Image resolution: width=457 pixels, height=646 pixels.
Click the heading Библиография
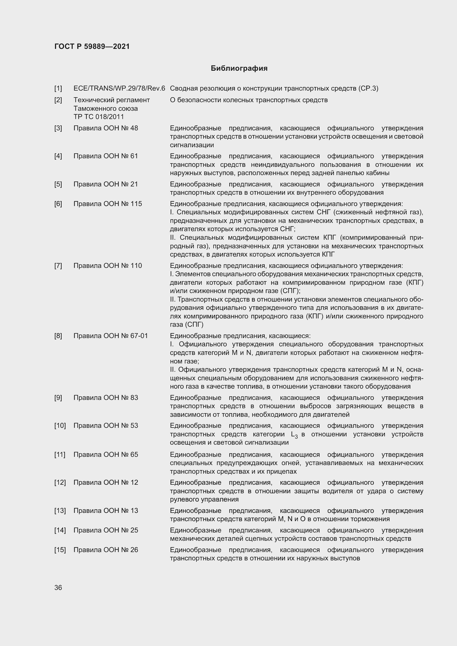coord(239,68)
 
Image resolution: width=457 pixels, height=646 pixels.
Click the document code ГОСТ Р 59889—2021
coord(92,46)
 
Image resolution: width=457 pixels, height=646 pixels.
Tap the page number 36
coord(58,587)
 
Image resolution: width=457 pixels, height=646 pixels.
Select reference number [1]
coord(58,89)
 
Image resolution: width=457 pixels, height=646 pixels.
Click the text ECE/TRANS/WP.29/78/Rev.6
coord(119,89)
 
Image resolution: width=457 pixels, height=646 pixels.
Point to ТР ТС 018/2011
coord(98,117)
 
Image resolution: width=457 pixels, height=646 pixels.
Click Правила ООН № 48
coord(106,128)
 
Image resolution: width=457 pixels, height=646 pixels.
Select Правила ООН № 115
coord(108,204)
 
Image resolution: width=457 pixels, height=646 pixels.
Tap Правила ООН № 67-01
coord(111,336)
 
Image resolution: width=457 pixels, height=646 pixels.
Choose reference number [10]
coord(60,425)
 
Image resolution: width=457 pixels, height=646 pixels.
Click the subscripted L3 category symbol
coord(294,435)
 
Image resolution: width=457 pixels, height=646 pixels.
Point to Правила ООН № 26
coord(106,550)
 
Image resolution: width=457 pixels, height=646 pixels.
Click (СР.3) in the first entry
coord(368,89)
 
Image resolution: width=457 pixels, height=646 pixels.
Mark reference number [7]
coord(58,266)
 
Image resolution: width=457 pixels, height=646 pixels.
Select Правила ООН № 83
coord(106,397)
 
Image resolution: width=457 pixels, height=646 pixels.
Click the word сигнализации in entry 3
coord(192,145)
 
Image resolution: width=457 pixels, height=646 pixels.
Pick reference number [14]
coord(60,530)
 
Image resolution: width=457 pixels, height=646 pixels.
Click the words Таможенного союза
coord(106,109)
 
